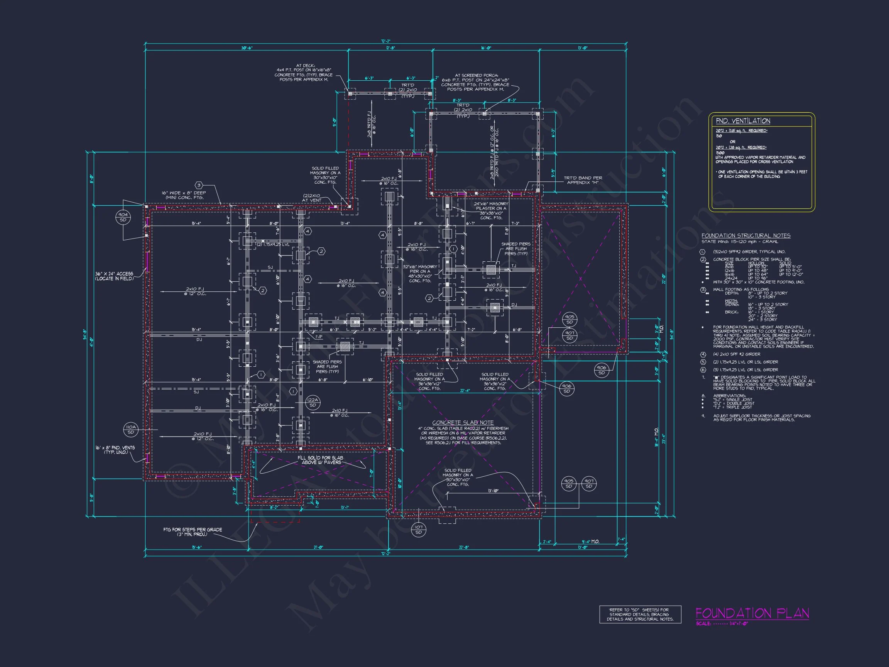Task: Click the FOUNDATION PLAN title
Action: click(x=752, y=613)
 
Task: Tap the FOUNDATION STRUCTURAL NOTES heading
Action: click(x=745, y=235)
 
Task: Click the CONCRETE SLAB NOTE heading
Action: click(x=463, y=423)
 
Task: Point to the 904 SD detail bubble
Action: click(x=123, y=217)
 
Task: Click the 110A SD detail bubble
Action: click(x=131, y=429)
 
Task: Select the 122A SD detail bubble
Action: click(x=313, y=403)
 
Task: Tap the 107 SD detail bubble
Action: click(x=418, y=530)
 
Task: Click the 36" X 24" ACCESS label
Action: click(x=114, y=276)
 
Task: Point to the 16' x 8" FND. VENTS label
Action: click(x=115, y=450)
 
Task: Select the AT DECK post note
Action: click(x=303, y=72)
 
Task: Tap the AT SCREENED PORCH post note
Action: click(x=475, y=82)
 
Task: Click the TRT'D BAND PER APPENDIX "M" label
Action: click(x=582, y=180)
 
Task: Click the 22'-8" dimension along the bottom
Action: click(x=463, y=547)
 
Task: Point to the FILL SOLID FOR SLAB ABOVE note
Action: click(x=320, y=460)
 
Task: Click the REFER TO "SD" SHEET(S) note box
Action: click(x=640, y=615)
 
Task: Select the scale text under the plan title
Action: click(x=722, y=624)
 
